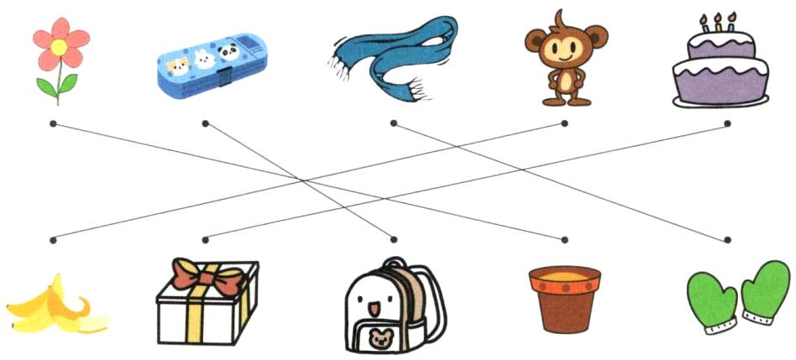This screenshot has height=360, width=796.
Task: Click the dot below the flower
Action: point(53,123)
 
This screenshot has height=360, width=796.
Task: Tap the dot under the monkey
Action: point(564,123)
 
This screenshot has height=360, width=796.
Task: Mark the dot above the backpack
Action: point(393,240)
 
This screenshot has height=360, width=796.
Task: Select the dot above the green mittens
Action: point(727,240)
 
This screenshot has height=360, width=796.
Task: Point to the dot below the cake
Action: point(727,123)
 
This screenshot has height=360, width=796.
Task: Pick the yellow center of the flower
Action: point(59,47)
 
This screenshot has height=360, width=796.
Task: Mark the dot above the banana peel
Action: point(53,240)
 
